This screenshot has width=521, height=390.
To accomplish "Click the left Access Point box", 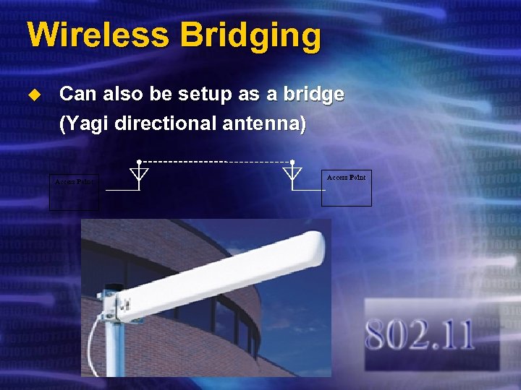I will coord(74,193).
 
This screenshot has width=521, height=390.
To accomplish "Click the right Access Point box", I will coord(346,188).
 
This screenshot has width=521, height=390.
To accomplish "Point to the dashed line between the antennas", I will coord(215,162).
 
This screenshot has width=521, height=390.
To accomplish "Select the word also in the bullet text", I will coord(127,95).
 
